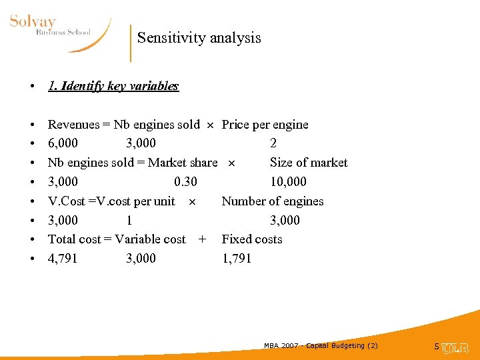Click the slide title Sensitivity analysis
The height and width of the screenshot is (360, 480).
point(199,38)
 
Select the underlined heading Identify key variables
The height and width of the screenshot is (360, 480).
point(113,86)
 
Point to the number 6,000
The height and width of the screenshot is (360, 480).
point(63,143)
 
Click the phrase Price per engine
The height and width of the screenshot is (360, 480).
point(265,125)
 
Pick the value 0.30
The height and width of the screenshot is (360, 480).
point(185,182)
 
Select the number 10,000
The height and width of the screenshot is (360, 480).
point(288,182)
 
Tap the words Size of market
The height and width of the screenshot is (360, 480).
point(308,163)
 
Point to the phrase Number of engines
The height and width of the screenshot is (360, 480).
point(272,201)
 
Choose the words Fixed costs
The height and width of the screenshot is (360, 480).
point(251,239)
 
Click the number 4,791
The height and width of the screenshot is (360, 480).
point(63,259)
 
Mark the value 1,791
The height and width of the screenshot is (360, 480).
point(237,259)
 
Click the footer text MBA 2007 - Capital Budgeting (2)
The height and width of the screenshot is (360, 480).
point(321,345)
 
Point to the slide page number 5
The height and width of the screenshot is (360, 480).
point(437,346)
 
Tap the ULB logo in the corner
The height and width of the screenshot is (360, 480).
point(456,347)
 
